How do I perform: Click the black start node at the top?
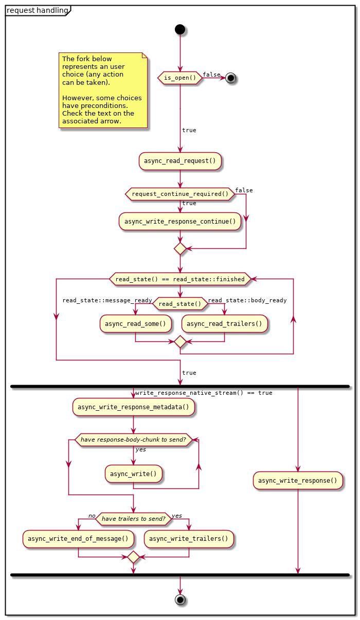click(x=180, y=29)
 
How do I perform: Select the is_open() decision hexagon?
click(x=180, y=78)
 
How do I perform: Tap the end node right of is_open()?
click(x=231, y=78)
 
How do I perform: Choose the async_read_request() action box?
click(x=180, y=161)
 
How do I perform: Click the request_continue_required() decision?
click(x=180, y=194)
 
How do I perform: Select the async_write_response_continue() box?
click(x=180, y=222)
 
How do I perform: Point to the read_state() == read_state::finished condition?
click(x=180, y=279)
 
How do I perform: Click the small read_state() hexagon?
click(x=180, y=304)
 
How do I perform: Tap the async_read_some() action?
click(x=135, y=324)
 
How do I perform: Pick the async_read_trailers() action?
click(x=225, y=324)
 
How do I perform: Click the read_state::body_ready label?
click(x=247, y=300)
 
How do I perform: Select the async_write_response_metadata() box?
click(x=133, y=407)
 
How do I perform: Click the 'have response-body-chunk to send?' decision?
click(x=133, y=440)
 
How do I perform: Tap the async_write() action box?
click(x=133, y=473)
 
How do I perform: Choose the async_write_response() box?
click(x=298, y=481)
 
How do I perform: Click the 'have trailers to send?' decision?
click(x=133, y=519)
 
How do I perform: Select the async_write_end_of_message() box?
click(x=78, y=539)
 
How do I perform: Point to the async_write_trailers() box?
click(x=189, y=539)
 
